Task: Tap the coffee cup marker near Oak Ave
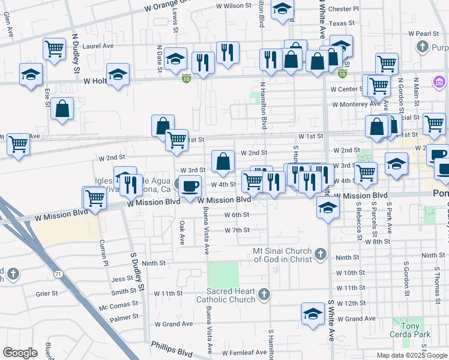coord(190,185)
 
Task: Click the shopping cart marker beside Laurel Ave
coord(55,48)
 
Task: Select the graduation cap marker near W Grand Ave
coord(312,314)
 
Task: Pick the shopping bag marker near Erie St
coord(62,109)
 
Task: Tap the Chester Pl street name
coord(343,9)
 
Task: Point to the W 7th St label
coord(237,230)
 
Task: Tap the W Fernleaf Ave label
coord(243,352)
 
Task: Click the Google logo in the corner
coord(20,353)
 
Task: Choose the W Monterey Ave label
coord(357,103)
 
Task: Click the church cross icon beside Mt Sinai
coord(321,254)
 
